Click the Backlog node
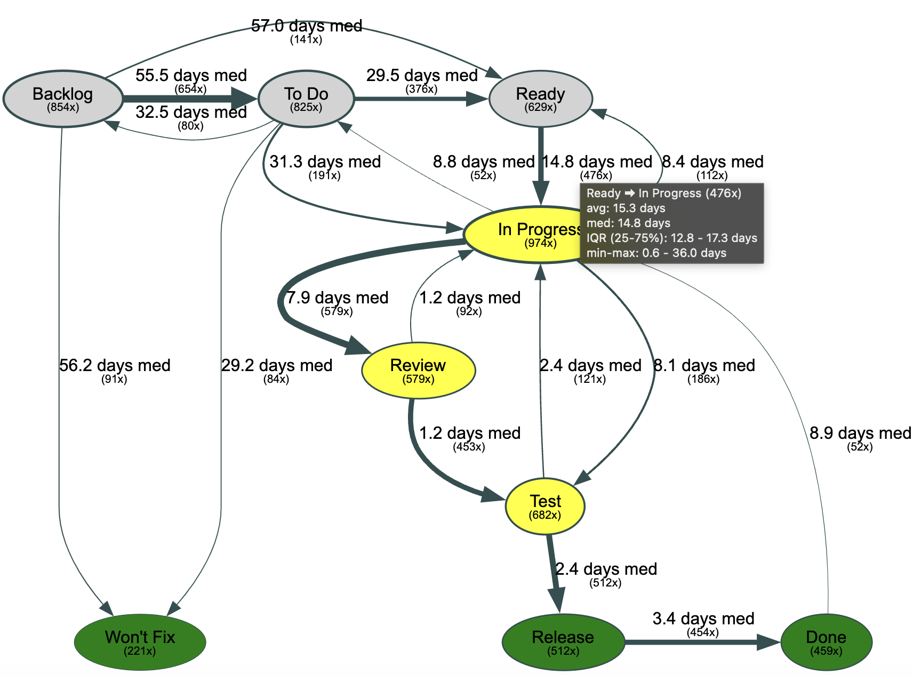(63, 99)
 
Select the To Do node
(306, 99)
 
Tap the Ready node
(540, 99)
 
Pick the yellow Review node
(418, 370)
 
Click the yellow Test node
(545, 506)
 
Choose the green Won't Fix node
(140, 642)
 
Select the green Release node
(563, 642)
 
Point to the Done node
(826, 642)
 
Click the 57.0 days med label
(307, 26)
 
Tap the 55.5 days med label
(191, 75)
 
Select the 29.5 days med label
(422, 75)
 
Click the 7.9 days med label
(337, 298)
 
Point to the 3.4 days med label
(703, 618)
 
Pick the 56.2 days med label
(115, 365)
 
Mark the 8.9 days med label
(860, 433)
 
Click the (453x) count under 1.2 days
(469, 447)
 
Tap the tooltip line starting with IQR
(671, 238)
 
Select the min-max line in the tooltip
(656, 253)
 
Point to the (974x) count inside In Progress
(540, 243)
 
